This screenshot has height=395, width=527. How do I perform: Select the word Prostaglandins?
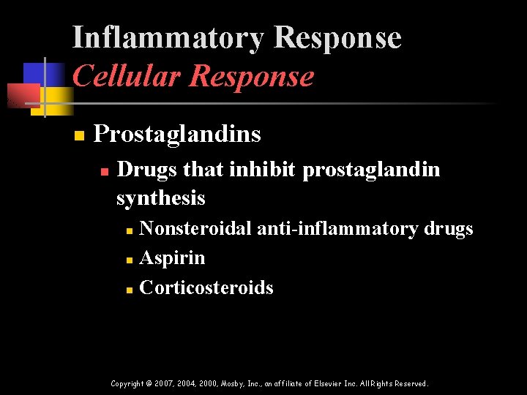click(177, 134)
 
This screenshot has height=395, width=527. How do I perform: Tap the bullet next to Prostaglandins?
click(79, 135)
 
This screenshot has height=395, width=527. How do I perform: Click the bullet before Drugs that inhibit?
click(104, 171)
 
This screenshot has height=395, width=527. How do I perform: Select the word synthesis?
click(160, 197)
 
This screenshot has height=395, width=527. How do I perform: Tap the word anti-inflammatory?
click(337, 229)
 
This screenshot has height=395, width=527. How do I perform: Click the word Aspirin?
click(172, 258)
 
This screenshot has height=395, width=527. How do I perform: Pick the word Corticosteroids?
click(206, 287)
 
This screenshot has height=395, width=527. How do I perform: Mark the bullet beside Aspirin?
click(128, 260)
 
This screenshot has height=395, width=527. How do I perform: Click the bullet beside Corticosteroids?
click(128, 290)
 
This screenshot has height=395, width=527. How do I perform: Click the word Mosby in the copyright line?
click(233, 383)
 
